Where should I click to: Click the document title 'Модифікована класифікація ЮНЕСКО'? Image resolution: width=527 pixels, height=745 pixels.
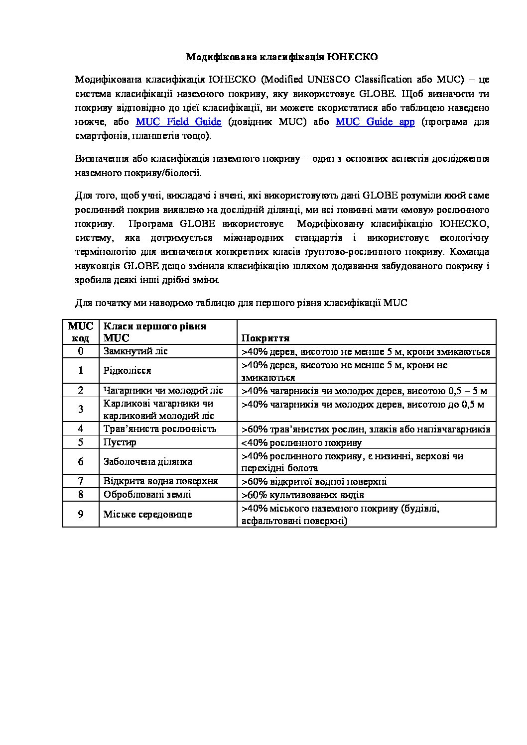[281, 57]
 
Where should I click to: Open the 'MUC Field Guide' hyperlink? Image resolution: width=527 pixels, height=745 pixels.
[178, 122]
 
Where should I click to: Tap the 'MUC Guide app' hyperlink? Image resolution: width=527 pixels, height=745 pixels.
[375, 122]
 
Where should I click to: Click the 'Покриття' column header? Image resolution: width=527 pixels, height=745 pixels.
[265, 338]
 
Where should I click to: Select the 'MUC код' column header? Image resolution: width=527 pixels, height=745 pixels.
[81, 332]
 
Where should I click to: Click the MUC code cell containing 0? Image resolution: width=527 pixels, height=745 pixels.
[81, 351]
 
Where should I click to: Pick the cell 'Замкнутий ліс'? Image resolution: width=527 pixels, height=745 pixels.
[135, 351]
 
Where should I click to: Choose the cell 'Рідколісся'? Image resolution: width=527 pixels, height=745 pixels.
[127, 370]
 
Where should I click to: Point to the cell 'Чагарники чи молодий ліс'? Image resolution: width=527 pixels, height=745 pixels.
[163, 390]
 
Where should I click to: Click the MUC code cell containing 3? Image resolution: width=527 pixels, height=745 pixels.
[81, 409]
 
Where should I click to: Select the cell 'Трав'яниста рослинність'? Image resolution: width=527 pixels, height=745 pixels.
[159, 428]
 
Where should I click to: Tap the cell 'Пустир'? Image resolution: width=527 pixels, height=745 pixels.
[120, 442]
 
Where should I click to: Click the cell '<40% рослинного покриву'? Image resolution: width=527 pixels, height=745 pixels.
[301, 442]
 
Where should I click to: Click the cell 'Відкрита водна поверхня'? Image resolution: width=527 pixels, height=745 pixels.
[160, 481]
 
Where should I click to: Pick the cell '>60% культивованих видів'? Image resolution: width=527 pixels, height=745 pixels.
[302, 495]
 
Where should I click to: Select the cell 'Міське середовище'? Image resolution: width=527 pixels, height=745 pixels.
[147, 514]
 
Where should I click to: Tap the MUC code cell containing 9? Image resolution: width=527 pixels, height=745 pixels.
[81, 514]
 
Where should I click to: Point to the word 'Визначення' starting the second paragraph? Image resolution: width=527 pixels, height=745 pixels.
[102, 159]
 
